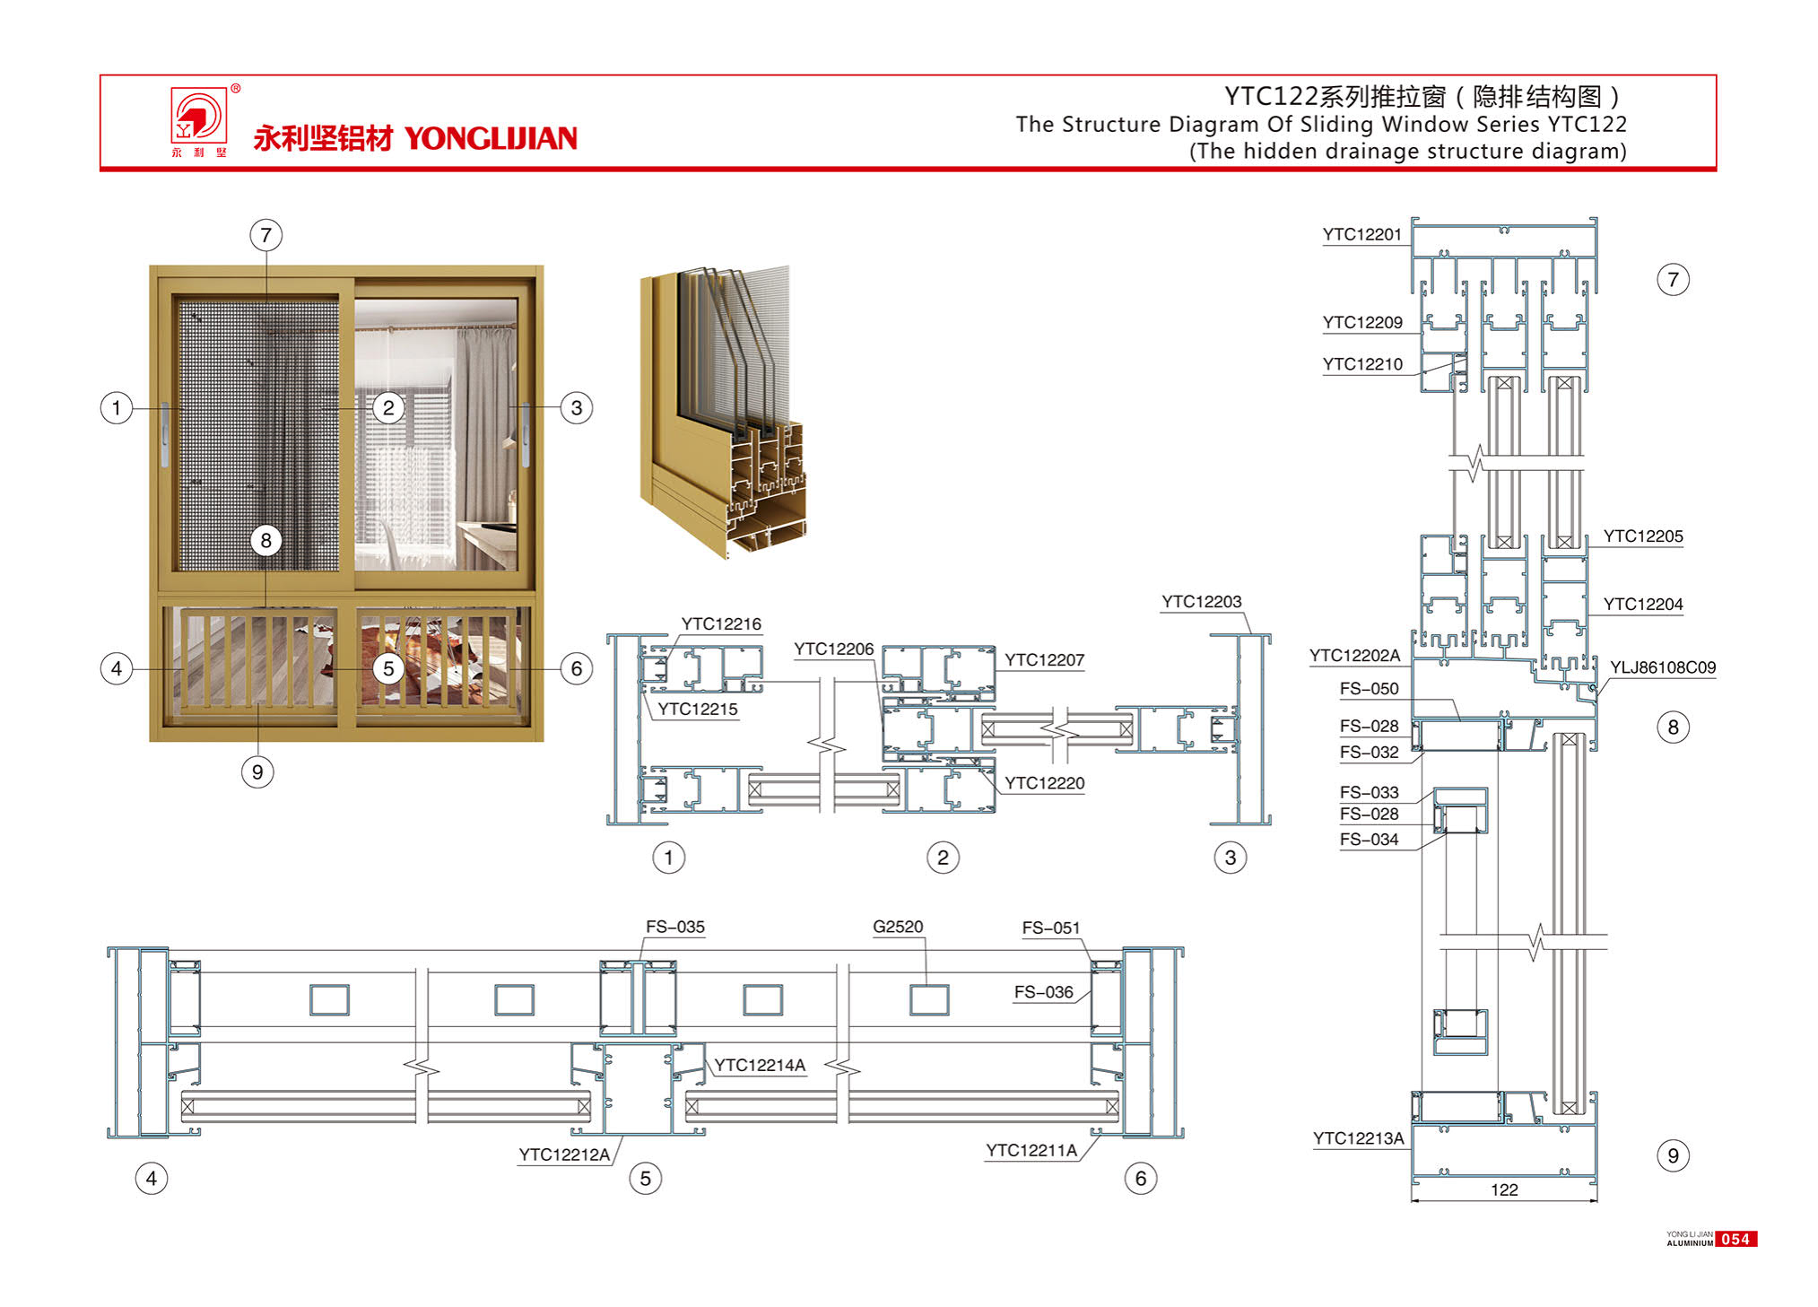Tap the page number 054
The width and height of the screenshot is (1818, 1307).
pyautogui.click(x=1735, y=1239)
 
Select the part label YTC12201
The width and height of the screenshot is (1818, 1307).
pyautogui.click(x=1361, y=235)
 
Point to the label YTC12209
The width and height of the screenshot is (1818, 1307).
pyautogui.click(x=1362, y=323)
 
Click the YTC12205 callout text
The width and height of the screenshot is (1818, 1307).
pyautogui.click(x=1643, y=536)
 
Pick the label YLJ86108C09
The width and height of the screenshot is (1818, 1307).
pyautogui.click(x=1662, y=667)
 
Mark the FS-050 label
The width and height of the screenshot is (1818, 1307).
pyautogui.click(x=1369, y=689)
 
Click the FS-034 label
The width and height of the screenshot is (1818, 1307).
pyautogui.click(x=1369, y=840)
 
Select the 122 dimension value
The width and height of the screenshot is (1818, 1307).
pyautogui.click(x=1504, y=1189)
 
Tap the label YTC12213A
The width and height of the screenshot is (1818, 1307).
pyautogui.click(x=1358, y=1138)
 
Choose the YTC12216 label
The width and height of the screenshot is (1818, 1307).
pyautogui.click(x=721, y=624)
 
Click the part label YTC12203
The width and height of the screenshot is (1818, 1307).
pyautogui.click(x=1201, y=602)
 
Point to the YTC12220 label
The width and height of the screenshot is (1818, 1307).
pyautogui.click(x=1044, y=783)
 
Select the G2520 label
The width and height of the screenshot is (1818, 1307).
pyautogui.click(x=898, y=927)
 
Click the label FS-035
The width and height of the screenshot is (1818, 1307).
pyautogui.click(x=675, y=927)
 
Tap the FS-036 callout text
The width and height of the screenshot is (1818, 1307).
pyautogui.click(x=1043, y=992)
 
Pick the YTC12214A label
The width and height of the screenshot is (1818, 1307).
pyautogui.click(x=760, y=1066)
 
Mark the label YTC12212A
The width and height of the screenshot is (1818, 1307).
pyautogui.click(x=564, y=1155)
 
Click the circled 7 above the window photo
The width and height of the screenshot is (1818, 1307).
pyautogui.click(x=265, y=236)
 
